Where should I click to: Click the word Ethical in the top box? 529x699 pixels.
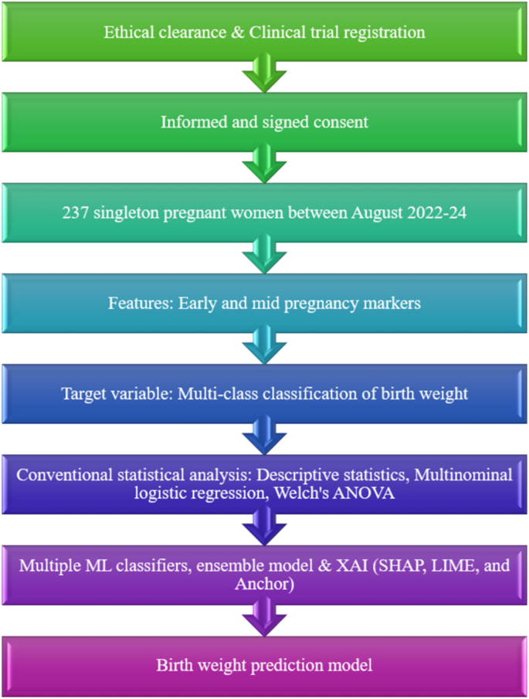tap(127, 33)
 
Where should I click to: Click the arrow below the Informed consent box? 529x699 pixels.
tap(264, 164)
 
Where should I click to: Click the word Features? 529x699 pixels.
tap(137, 304)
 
